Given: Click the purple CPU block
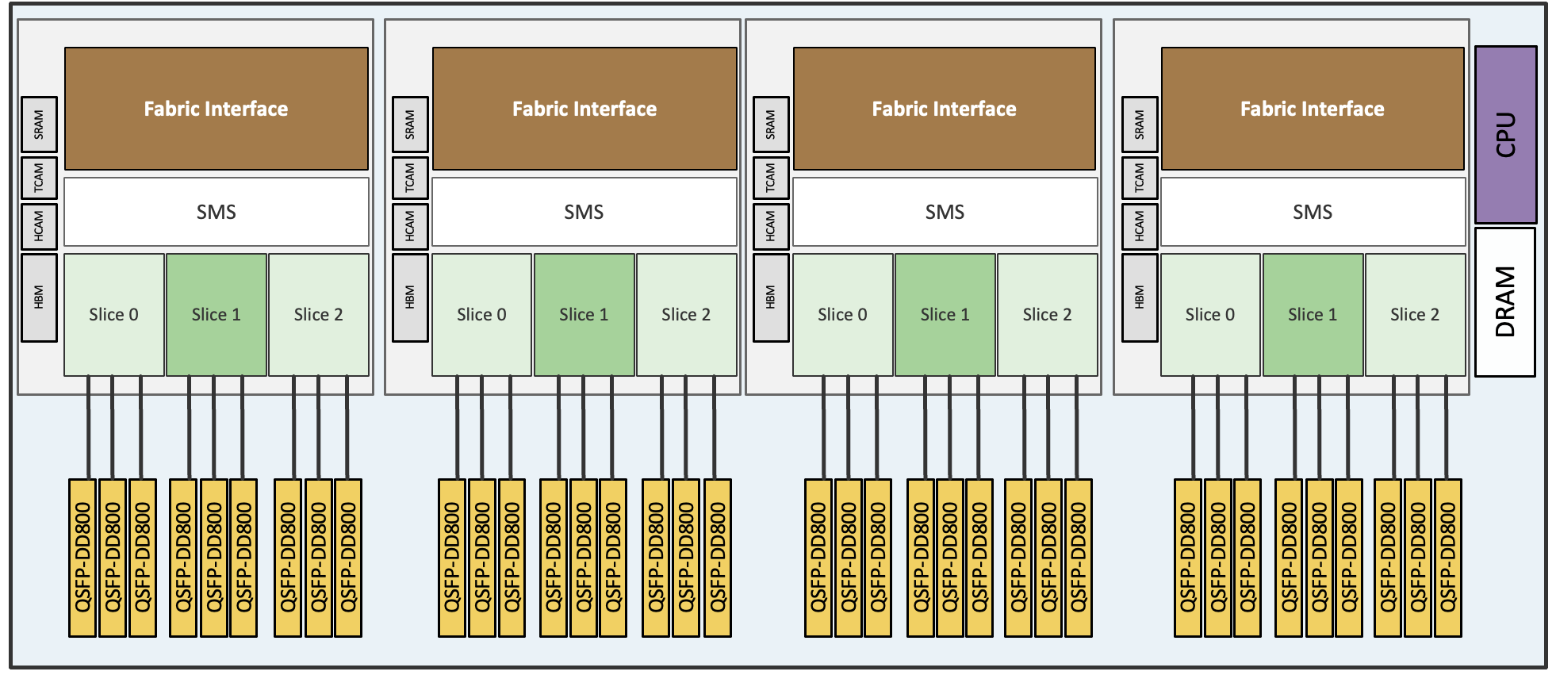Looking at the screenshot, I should point(1505,135).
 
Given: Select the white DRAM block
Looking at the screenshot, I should point(1504,301).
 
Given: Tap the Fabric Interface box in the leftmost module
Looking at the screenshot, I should point(216,109).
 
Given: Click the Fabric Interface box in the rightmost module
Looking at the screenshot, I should point(1313,109).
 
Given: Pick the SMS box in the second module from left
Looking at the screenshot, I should point(584,212).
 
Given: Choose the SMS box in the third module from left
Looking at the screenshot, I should point(945,212).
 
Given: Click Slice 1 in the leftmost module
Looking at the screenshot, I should point(216,314).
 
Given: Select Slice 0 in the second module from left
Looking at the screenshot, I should point(481,314).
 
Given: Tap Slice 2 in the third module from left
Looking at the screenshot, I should point(1047,314).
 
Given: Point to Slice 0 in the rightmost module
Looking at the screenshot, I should point(1209,314).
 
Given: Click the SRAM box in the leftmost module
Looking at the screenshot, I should point(39,125).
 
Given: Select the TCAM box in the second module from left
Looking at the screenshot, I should point(410,178).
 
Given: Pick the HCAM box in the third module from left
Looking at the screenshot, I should point(770,226).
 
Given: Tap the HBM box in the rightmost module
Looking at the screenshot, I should point(1140,297).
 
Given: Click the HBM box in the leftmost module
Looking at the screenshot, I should point(39,297).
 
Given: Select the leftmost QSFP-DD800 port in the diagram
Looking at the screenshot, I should point(82,557).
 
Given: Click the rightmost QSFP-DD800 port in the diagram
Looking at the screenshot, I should point(1447,557).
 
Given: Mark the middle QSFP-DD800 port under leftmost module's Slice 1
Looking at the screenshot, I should point(214,557).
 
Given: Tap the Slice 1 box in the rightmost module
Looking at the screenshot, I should point(1313,314).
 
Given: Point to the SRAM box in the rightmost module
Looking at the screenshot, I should point(1140,125).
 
